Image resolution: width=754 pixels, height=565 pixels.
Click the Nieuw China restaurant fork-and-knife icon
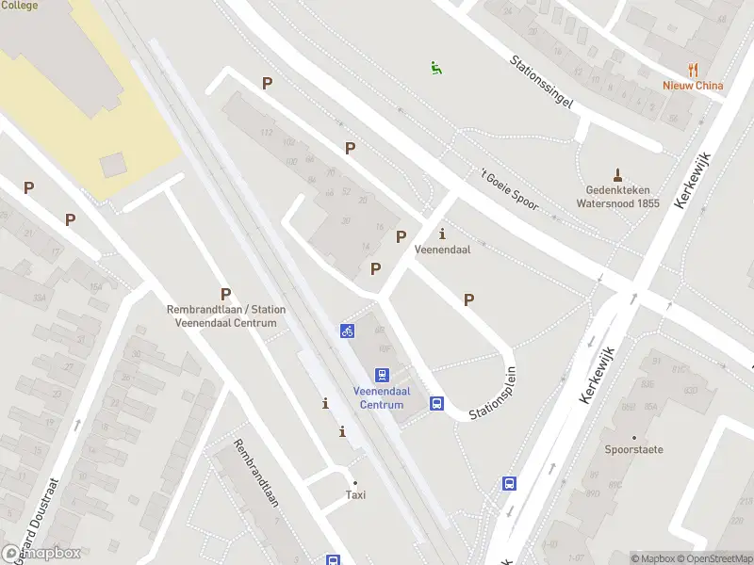(694, 69)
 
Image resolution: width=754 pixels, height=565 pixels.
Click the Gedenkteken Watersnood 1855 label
(616, 196)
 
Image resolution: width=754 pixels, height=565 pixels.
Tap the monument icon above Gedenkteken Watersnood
(618, 173)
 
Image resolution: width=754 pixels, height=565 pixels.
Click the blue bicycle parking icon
(348, 331)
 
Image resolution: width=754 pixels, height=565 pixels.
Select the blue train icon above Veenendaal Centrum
(382, 375)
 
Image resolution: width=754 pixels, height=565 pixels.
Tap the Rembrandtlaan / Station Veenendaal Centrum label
(226, 316)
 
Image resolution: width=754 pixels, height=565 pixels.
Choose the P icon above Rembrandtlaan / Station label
(225, 294)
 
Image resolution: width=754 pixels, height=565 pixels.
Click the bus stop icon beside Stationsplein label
(437, 403)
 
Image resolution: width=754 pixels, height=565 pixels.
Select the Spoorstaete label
(634, 449)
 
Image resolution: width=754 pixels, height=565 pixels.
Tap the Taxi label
(355, 494)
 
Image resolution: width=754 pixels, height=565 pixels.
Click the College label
(20, 6)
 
